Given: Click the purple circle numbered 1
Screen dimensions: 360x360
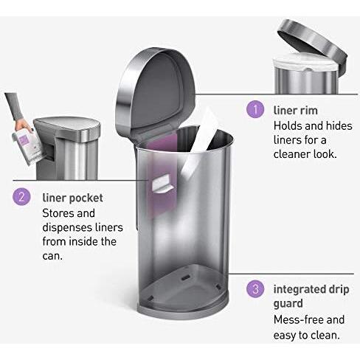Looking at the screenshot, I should (255, 110).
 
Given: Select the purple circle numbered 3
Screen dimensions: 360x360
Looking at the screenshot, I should (255, 288).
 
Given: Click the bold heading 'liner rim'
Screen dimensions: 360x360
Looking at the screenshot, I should (296, 111).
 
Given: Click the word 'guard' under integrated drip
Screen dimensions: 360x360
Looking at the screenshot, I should (290, 303).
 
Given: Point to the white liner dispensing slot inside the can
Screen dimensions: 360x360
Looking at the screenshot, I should (162, 184).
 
